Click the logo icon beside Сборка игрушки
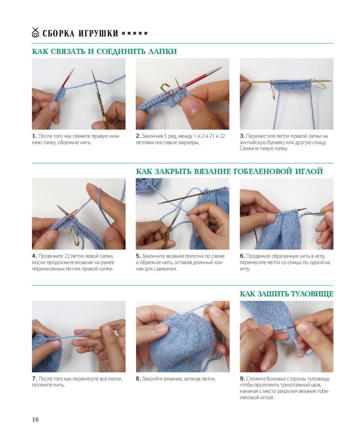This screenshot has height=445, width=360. (x=35, y=32)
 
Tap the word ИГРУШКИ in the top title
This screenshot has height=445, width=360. (x=98, y=33)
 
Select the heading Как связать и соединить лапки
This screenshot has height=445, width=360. (x=104, y=51)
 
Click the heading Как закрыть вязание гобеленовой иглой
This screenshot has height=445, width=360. (x=229, y=171)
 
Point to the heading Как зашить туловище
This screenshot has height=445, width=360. (x=287, y=294)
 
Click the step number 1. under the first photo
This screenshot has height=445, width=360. (x=35, y=136)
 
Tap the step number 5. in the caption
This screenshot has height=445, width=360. (x=138, y=256)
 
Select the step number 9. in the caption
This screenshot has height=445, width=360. (x=242, y=378)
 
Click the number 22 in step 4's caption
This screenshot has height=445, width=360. (x=73, y=256)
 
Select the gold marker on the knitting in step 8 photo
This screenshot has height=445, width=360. (x=187, y=359)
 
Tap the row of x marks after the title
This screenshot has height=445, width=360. (x=135, y=33)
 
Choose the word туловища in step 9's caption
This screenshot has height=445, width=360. (x=319, y=378)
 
